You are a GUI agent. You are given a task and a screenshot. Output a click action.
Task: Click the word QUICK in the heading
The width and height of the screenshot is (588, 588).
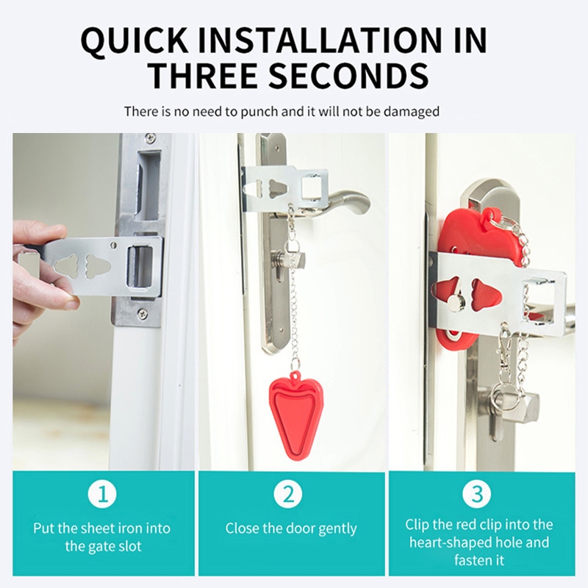coord(135,40)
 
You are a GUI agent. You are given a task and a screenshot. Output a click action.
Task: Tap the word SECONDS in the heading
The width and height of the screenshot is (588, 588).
coord(348,75)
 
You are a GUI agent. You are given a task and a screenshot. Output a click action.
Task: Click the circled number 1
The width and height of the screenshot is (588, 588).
coord(102,494)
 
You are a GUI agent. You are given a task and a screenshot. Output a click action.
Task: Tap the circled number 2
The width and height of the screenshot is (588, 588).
coord(288,494)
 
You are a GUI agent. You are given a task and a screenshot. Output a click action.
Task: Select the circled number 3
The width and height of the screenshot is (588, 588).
coord(476,494)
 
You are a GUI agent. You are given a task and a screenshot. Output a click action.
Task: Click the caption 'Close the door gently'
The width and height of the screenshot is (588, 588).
coord(291,528)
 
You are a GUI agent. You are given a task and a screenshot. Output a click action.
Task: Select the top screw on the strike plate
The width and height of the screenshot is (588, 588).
coord(151,137)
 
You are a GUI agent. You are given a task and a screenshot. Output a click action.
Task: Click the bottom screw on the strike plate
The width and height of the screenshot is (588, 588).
coord(142,314)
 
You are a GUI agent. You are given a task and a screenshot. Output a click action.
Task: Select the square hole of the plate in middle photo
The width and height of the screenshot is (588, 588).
coord(312,187)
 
